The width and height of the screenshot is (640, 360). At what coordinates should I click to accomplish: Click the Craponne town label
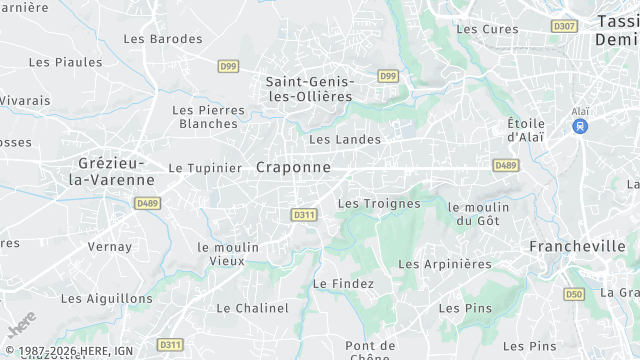(293, 167)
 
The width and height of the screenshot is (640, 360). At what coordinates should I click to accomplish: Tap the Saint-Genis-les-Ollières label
(309, 89)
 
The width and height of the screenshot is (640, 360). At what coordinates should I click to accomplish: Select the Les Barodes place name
(162, 39)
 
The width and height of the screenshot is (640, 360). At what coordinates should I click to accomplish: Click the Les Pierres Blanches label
(208, 117)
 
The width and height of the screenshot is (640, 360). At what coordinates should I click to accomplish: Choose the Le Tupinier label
(205, 168)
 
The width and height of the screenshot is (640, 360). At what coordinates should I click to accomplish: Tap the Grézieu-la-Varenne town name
(110, 171)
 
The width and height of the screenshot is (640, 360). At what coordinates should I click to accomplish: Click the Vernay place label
(110, 246)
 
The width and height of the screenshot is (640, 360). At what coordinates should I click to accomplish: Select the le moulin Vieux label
(228, 254)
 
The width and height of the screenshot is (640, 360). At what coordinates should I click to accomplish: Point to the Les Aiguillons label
(107, 298)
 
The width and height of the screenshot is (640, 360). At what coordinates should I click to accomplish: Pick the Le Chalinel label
(252, 308)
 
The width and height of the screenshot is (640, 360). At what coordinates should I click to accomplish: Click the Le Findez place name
(343, 284)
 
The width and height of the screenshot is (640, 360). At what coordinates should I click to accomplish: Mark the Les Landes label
(345, 140)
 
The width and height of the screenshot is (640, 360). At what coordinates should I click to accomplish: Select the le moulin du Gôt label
(479, 213)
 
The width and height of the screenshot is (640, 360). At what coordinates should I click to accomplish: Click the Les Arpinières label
(445, 264)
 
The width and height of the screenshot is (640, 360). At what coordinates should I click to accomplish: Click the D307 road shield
(564, 26)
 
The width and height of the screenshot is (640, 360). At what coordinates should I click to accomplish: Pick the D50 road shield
(574, 294)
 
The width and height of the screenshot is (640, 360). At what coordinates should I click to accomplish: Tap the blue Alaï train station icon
(579, 127)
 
